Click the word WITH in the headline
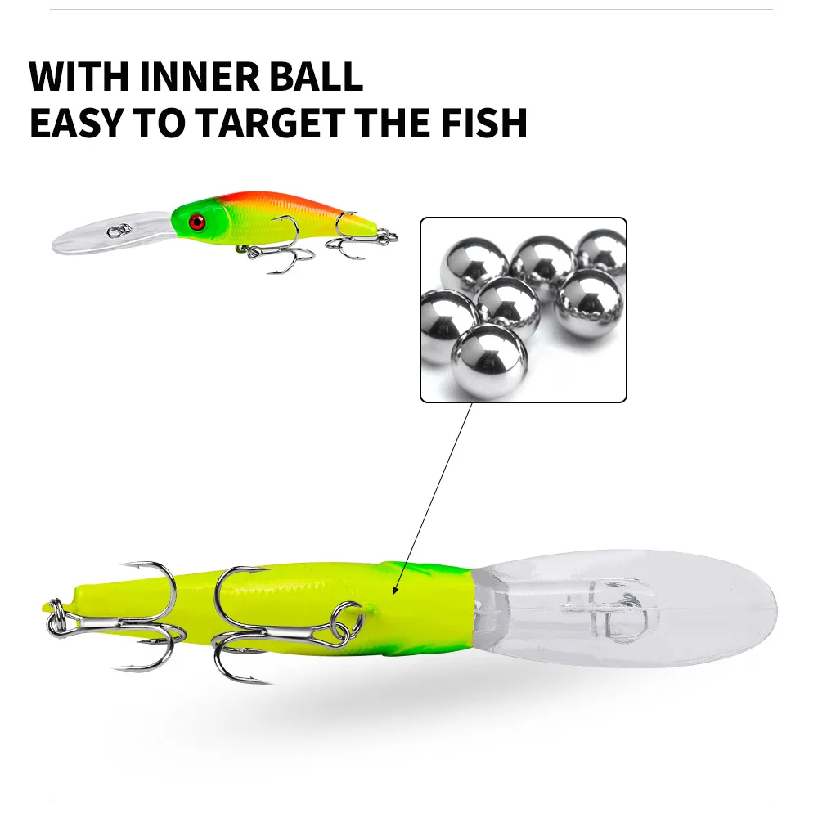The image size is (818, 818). point(79,77)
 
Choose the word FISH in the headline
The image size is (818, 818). point(484,124)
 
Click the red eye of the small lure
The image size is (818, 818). point(197,222)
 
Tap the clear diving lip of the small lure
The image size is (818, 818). point(110,232)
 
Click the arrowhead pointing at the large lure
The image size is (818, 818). point(395,590)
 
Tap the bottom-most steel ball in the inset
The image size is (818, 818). point(489,361)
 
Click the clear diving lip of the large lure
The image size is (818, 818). point(626,609)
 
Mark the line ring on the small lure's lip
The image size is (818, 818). point(118,230)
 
